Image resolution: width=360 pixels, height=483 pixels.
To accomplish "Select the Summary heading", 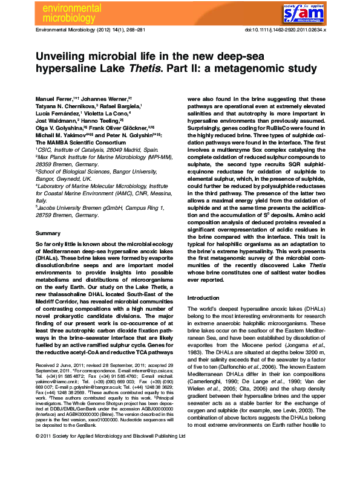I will (48, 233).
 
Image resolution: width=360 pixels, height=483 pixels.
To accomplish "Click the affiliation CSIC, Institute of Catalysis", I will (70, 149).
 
